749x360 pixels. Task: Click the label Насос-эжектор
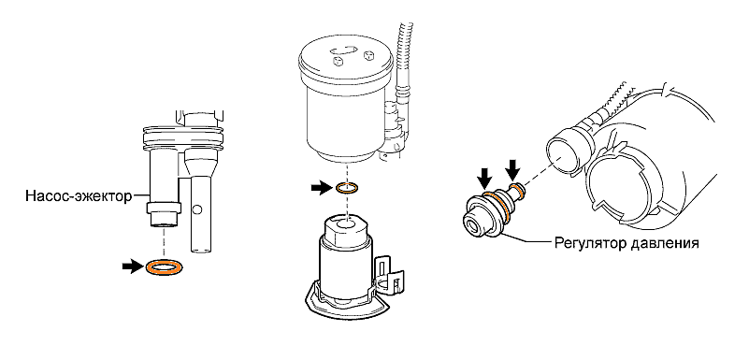[79, 196]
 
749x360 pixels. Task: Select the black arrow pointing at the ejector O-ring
[133, 266]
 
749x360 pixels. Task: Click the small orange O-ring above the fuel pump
[347, 188]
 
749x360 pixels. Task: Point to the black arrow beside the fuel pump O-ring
[322, 188]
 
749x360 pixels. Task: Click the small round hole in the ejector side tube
[198, 209]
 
